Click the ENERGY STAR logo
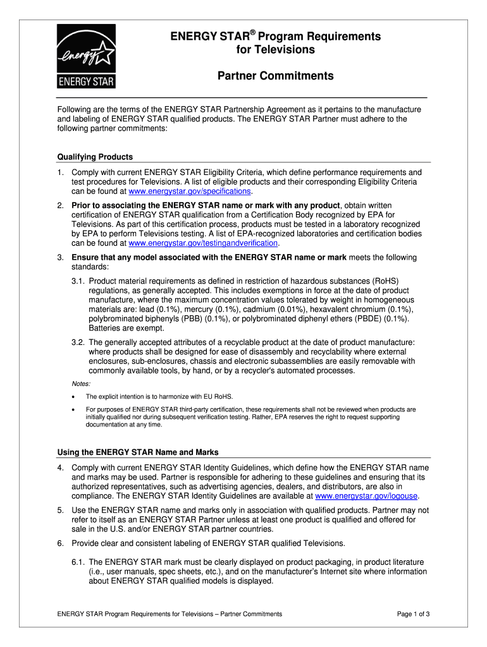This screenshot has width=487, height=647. (87, 57)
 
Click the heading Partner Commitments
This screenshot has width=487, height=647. (275, 76)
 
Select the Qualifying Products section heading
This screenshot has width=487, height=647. (95, 157)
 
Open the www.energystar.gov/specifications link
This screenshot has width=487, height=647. (190, 191)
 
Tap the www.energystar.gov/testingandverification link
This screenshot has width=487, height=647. (203, 243)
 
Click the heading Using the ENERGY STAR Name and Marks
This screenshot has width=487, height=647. (138, 452)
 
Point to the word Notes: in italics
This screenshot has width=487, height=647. (81, 384)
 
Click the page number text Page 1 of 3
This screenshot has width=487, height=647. (414, 614)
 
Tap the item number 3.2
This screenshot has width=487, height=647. (78, 342)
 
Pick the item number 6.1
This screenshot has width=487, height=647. (78, 562)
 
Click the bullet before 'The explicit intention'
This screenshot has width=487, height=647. (75, 397)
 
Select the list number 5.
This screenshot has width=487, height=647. (60, 510)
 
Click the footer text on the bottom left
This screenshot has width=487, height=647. (170, 614)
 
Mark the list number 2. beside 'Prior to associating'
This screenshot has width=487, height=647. (60, 205)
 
